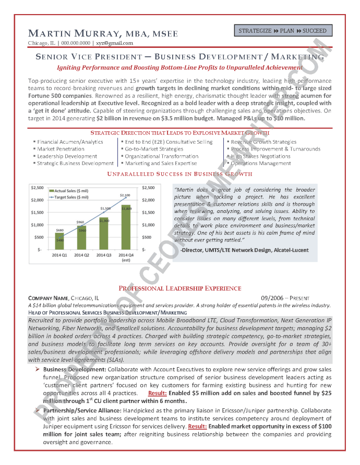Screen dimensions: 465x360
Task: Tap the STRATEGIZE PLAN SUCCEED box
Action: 282,31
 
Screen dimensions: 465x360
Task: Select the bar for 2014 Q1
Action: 60,241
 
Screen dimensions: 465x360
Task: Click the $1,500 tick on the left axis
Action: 37,212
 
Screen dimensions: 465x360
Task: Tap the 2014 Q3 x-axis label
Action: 103,255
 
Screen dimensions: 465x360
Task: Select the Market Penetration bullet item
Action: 61,149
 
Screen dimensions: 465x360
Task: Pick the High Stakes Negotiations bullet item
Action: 260,156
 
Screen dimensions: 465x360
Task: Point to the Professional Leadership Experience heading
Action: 179,288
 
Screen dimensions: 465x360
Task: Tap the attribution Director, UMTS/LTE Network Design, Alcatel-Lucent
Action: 244,250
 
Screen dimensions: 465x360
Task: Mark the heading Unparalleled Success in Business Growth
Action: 179,174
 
